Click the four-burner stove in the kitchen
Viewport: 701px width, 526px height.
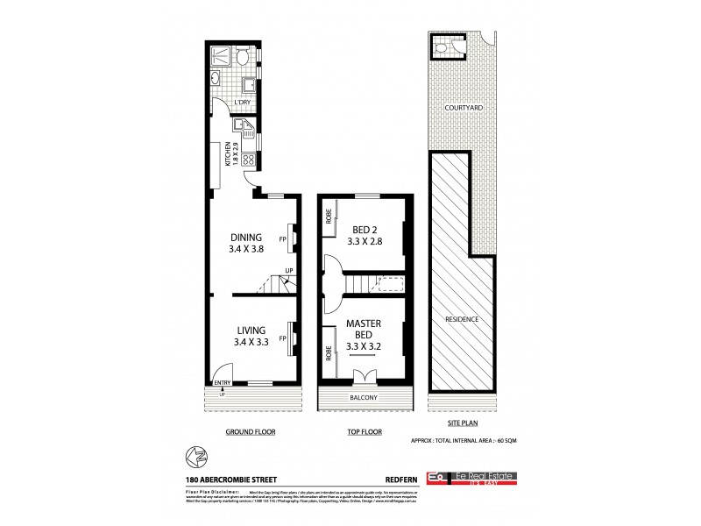[x=248, y=160]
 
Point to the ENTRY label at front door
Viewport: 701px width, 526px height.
[x=222, y=382]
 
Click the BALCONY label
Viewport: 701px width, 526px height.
[x=364, y=398]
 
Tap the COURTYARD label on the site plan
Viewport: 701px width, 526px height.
[x=464, y=107]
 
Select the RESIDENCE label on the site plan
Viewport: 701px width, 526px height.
[x=462, y=319]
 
